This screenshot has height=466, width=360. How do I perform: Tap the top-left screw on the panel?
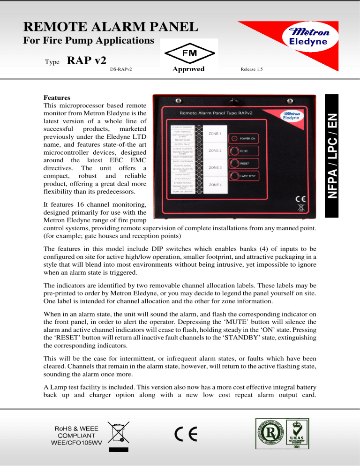pyautogui.click(x=177, y=101)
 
